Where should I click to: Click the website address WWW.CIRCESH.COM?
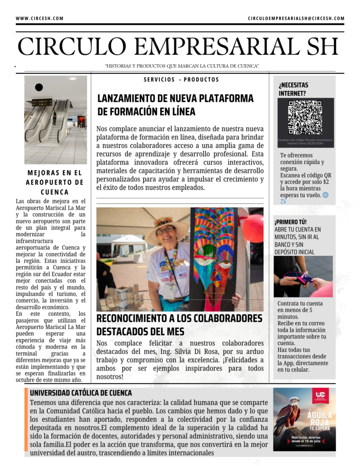pos(40,19)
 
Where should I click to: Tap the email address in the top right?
pos(296,19)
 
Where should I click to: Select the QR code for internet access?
pos(305,117)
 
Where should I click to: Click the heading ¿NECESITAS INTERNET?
pos(293,89)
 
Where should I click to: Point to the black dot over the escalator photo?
pos(39,87)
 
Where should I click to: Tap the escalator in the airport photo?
pos(50,121)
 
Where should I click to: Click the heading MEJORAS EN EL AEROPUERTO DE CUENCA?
pos(55,182)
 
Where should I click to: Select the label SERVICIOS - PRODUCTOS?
pos(181,80)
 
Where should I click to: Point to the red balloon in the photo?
pos(254,229)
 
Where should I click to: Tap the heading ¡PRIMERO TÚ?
pos(287,222)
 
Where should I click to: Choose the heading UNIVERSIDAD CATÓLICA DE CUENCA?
pos(81,393)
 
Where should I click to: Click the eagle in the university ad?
pos(287,414)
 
